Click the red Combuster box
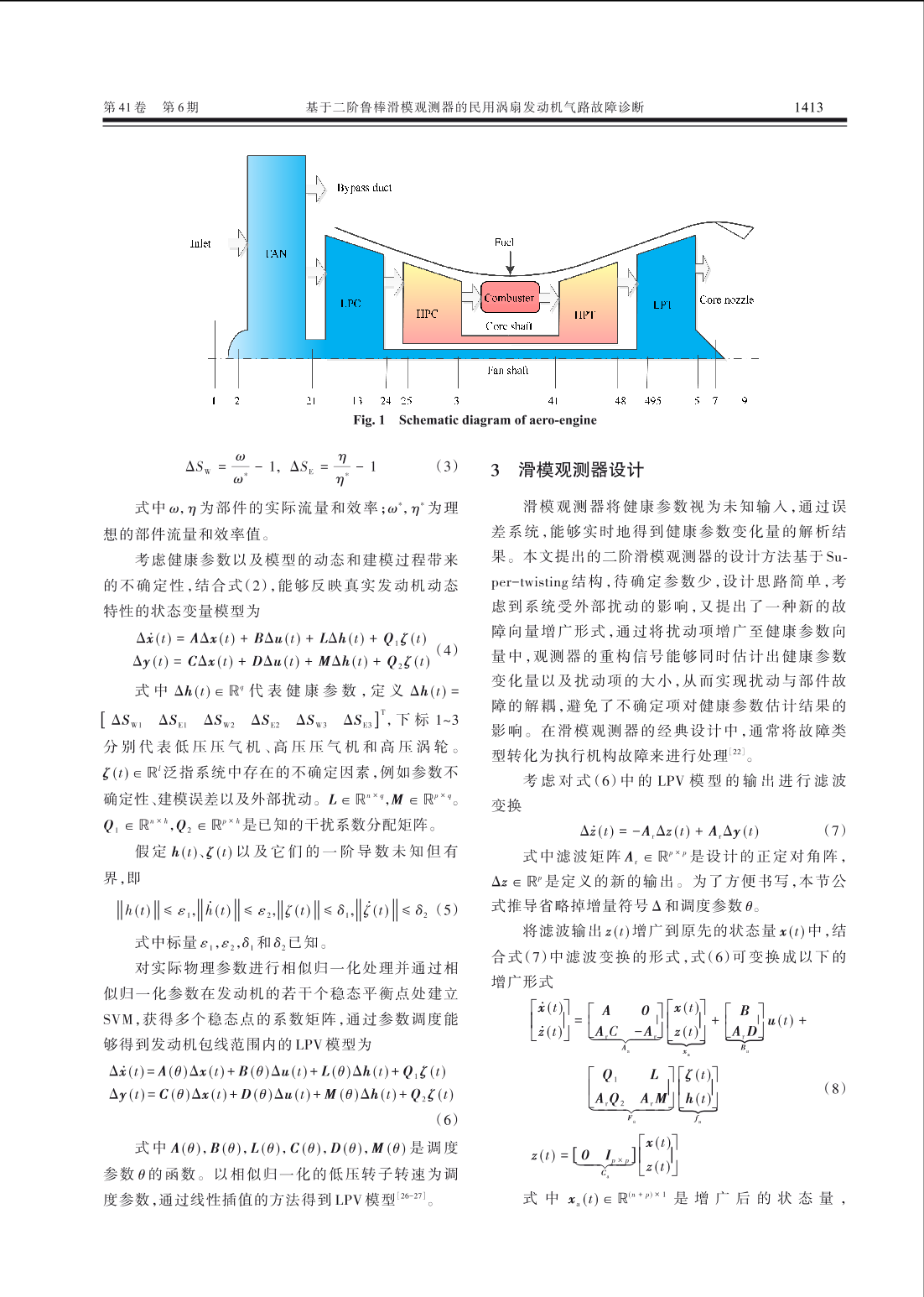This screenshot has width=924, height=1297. coord(509,298)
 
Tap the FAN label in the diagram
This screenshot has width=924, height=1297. coord(276,253)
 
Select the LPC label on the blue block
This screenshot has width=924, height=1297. coord(350,303)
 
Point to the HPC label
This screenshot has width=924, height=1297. coord(427,314)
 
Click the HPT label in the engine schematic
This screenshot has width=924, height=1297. coord(584,315)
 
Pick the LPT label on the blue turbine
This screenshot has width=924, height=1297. coord(662,305)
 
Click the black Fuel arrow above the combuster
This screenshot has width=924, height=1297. coord(510,263)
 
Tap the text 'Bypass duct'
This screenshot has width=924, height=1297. coord(364,188)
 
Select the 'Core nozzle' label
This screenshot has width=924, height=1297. coord(726,300)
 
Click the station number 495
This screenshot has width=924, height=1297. coord(652,401)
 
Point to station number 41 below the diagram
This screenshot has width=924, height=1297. coord(553,401)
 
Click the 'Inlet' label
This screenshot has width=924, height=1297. coord(200,244)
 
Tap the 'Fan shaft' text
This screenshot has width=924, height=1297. coord(508,370)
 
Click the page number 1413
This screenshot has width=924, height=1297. coord(808,107)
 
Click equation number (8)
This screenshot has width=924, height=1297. coord(834,1088)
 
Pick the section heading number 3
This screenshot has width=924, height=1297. coord(496,470)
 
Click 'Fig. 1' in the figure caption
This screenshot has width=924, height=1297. coord(369,420)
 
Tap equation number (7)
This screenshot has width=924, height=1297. coord(834,831)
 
